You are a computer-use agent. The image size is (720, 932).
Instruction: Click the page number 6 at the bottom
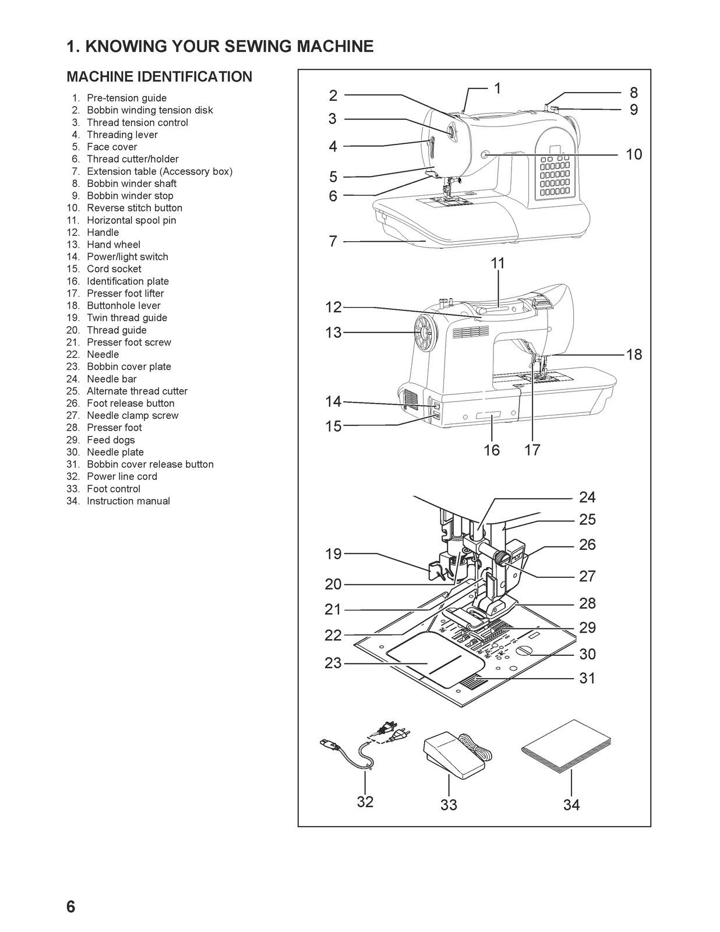(x=71, y=907)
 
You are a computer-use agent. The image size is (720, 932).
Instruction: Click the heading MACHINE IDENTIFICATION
(x=160, y=77)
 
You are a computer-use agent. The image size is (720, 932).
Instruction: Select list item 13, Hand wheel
(x=113, y=245)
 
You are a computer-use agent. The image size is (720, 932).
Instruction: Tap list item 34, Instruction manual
(x=128, y=501)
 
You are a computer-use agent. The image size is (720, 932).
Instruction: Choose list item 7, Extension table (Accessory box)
(x=159, y=171)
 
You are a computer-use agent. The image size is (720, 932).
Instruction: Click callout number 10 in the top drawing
(x=634, y=154)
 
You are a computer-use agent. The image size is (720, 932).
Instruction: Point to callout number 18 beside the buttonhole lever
(x=634, y=354)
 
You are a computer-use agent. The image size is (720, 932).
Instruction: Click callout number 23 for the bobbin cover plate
(x=333, y=663)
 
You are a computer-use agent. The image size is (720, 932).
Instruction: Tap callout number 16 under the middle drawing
(x=492, y=450)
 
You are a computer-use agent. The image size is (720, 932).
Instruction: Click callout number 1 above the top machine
(x=497, y=89)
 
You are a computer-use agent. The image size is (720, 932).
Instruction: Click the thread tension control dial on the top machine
(x=451, y=132)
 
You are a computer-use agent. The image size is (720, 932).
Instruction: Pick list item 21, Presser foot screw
(x=129, y=343)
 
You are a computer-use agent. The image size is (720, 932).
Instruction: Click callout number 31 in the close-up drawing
(x=587, y=678)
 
